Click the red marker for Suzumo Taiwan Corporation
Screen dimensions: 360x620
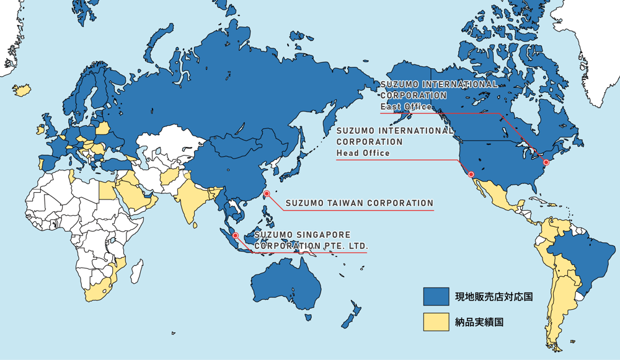pos(267,194)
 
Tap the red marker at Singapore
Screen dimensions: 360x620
pos(236,235)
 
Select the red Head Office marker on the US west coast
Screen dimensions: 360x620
pos(471,174)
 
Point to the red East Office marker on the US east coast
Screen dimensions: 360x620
pos(546,162)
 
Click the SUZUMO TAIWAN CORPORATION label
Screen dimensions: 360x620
pos(359,203)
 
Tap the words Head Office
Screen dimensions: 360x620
pos(363,152)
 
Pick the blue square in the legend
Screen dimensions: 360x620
pos(436,297)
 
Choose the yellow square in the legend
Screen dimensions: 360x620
pos(436,322)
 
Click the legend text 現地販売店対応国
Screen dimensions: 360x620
pos(494,297)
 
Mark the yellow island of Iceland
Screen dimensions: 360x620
pos(23,90)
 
